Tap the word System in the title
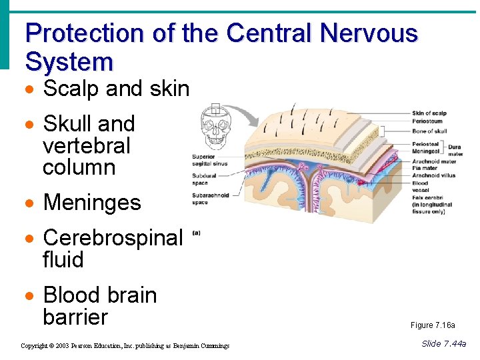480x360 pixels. [69, 62]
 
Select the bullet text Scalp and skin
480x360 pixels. [116, 88]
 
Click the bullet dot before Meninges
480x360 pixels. [29, 203]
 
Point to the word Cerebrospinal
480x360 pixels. [112, 237]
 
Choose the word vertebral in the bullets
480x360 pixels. [86, 145]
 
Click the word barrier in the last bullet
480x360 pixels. [75, 317]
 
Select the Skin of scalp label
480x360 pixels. [430, 113]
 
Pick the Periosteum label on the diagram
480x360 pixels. [427, 121]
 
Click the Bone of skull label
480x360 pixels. [429, 131]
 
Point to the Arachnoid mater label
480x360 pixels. [434, 161]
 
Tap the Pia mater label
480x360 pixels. [425, 168]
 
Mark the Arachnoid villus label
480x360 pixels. [434, 175]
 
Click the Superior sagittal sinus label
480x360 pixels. [209, 160]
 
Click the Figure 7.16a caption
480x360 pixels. [433, 325]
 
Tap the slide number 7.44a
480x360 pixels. [444, 343]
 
